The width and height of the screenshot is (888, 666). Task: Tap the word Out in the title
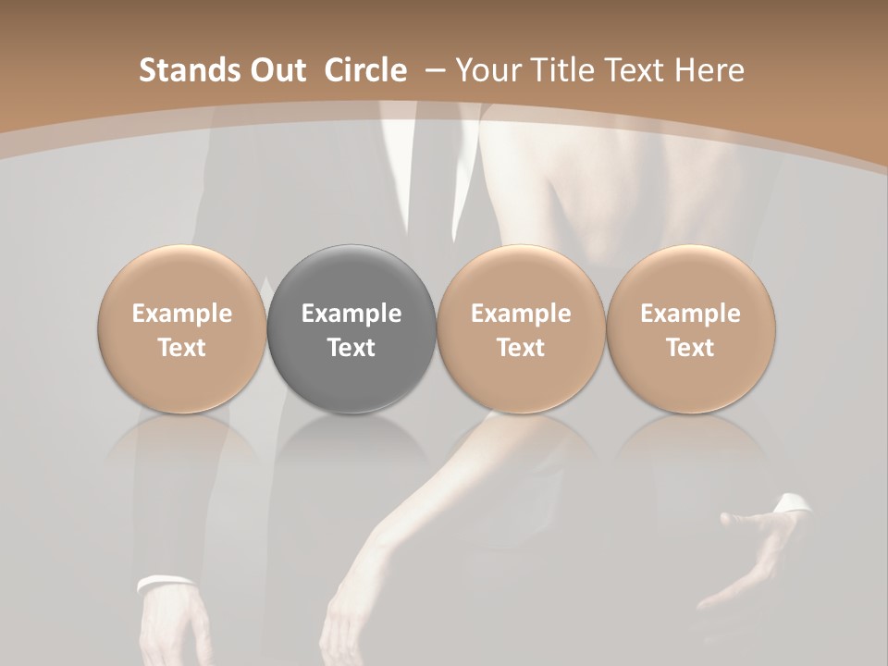tap(276, 70)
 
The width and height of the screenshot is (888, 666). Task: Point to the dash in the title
tap(431, 71)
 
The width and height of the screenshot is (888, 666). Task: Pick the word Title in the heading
tap(558, 70)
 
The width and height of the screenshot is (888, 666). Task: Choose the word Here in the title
tap(711, 70)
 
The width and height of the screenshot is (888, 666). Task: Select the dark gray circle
tap(351, 329)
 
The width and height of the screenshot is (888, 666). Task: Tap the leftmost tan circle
tap(182, 329)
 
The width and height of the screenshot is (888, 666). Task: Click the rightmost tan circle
tap(690, 329)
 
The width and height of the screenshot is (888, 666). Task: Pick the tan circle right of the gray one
tap(521, 329)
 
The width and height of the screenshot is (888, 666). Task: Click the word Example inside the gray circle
tap(351, 314)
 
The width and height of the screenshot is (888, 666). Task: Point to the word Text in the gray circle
tap(351, 348)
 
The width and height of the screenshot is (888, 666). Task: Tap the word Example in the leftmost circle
tap(182, 314)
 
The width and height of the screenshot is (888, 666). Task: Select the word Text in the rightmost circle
tap(690, 348)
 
